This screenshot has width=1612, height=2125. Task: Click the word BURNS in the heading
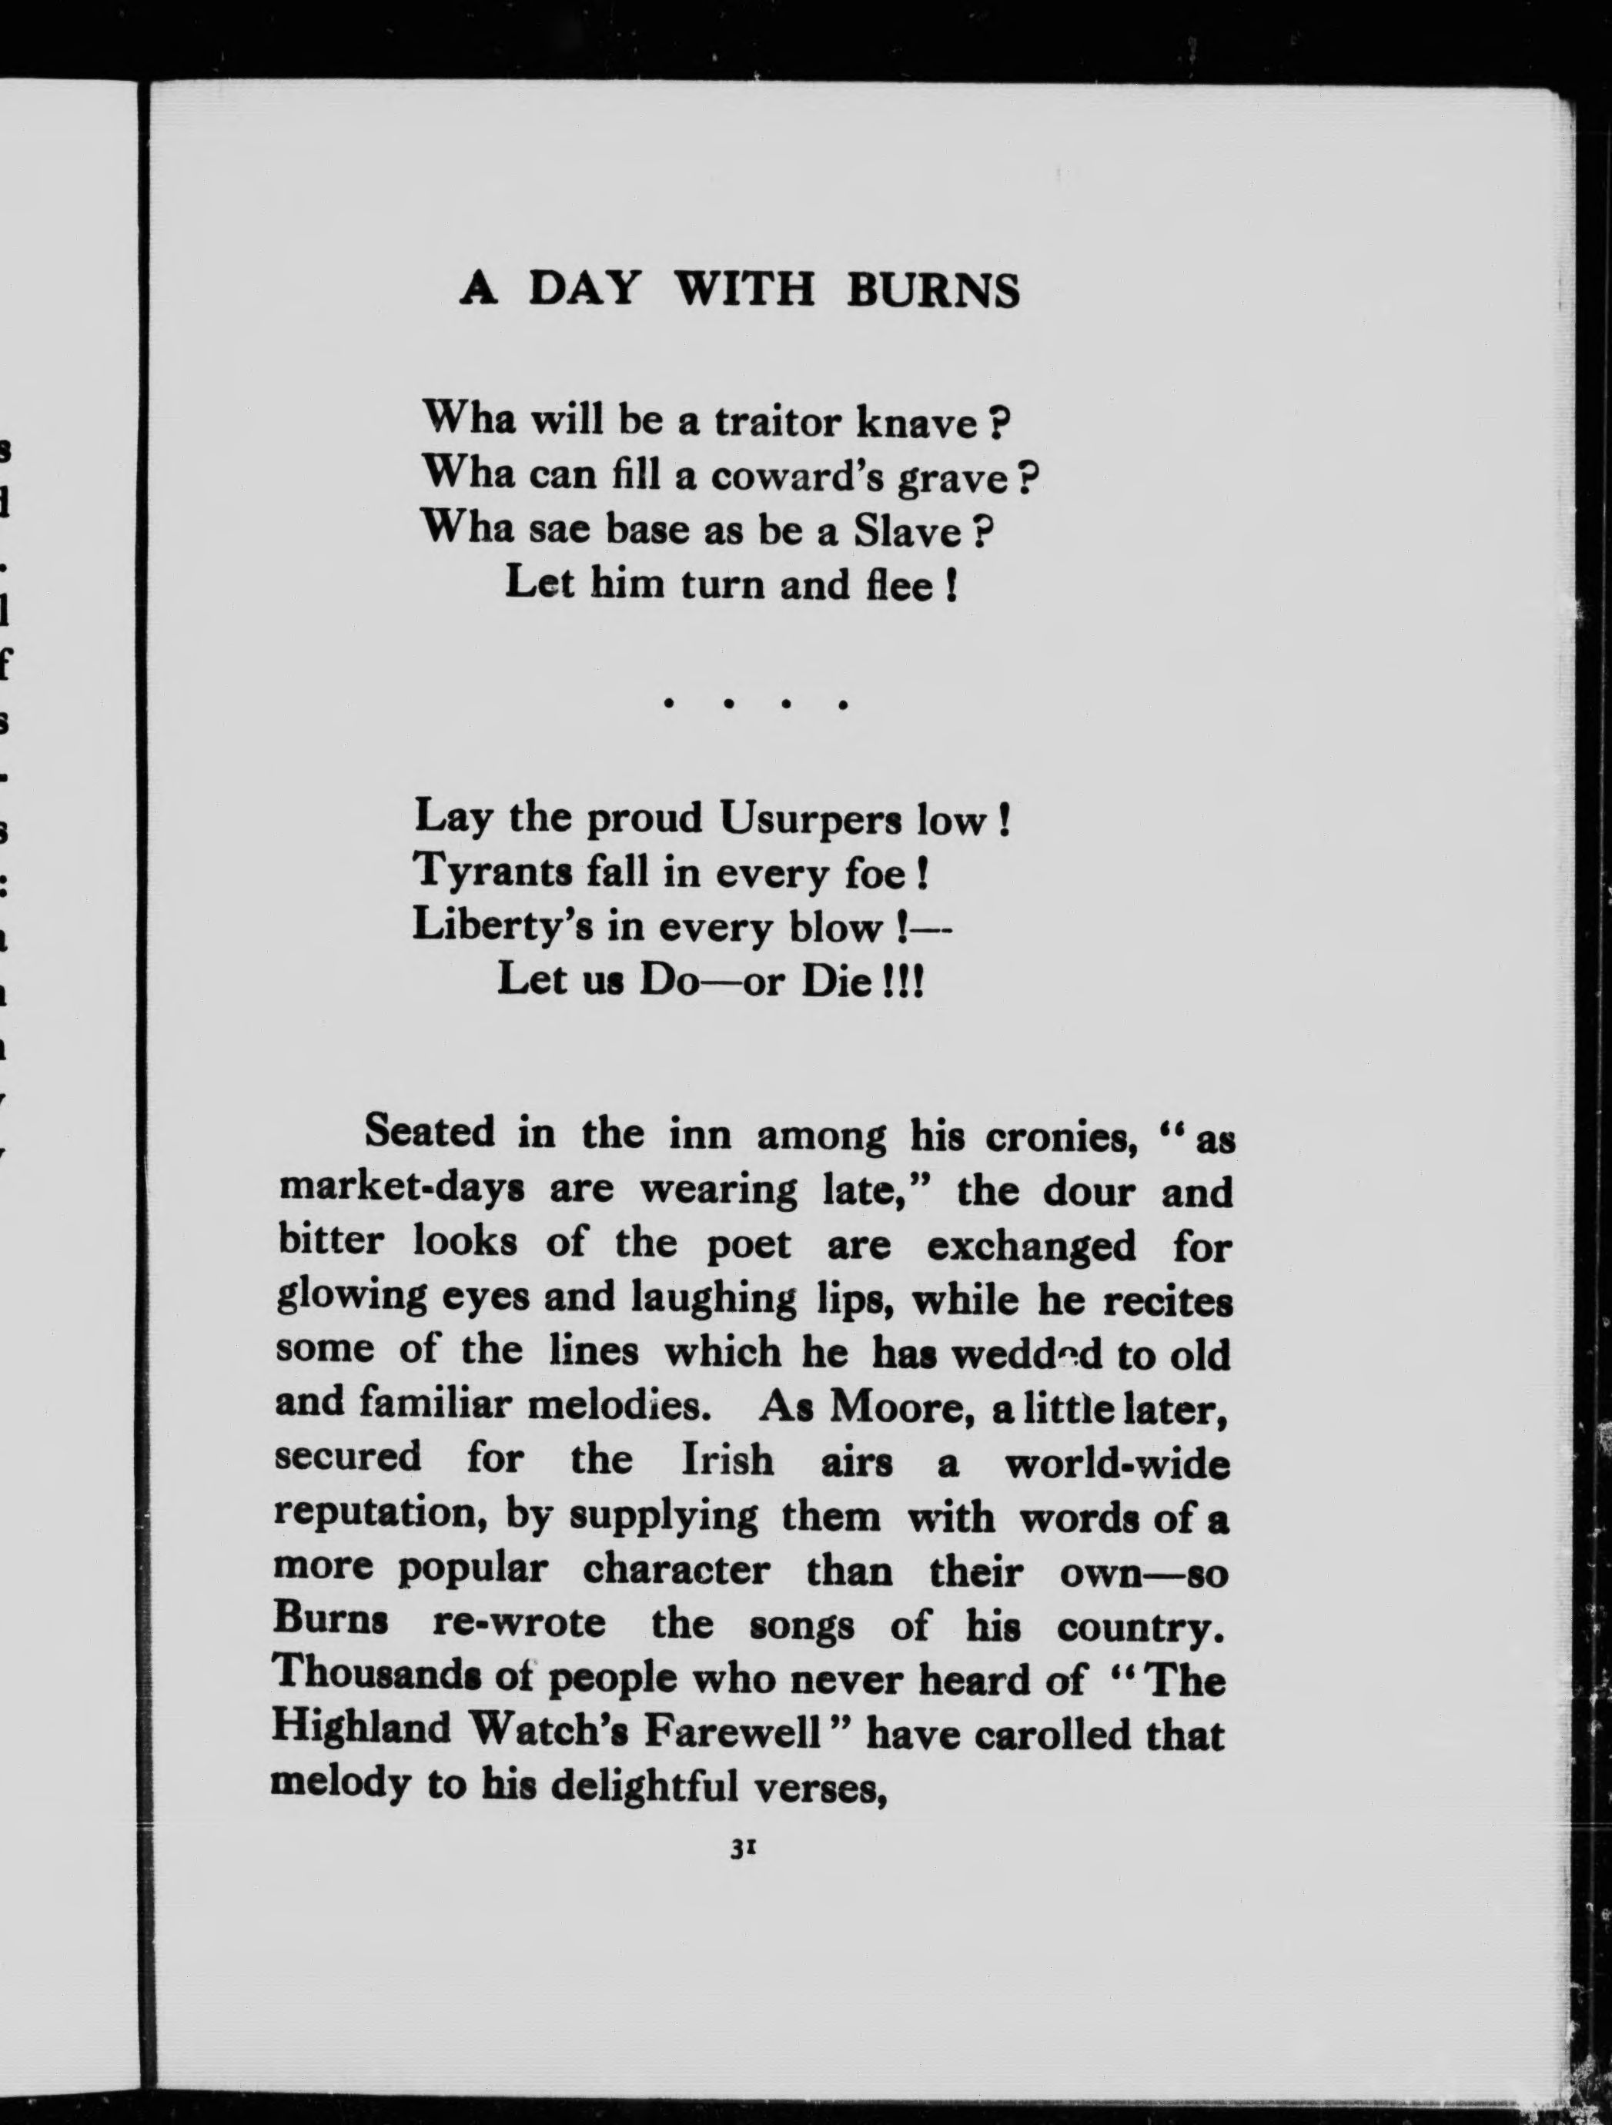tap(931, 289)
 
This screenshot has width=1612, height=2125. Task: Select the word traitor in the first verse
tap(764, 423)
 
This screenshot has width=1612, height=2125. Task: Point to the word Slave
tap(908, 531)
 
